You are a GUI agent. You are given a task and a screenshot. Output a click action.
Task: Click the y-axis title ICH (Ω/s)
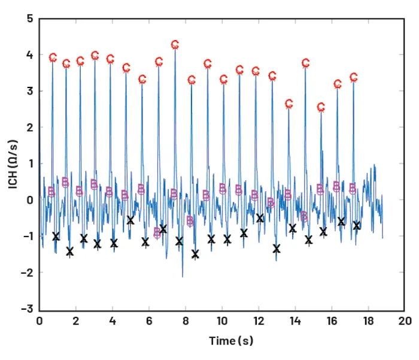13,164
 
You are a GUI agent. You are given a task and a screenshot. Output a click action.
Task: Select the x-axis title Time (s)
231,341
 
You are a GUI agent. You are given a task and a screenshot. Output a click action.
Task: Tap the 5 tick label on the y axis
30,19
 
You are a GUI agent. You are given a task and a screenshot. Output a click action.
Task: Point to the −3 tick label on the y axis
28,308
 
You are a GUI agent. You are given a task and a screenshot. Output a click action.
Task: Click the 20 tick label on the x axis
405,320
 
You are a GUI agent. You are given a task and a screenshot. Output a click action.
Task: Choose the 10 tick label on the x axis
222,320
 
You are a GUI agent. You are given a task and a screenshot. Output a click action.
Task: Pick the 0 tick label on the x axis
40,320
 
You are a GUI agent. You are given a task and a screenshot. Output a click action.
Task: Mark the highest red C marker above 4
175,44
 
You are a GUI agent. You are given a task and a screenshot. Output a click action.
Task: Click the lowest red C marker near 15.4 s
321,107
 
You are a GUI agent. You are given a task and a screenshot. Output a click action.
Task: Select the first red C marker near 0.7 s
53,58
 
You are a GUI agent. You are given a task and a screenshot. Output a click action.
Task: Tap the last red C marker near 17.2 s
354,77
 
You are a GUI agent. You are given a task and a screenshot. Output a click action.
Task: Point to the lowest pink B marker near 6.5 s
157,232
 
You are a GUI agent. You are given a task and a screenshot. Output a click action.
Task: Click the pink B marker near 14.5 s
304,216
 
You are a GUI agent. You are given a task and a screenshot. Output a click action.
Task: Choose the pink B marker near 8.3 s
190,220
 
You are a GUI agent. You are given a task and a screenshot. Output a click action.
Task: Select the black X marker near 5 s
130,220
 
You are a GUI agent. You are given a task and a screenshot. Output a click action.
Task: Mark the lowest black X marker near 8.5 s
195,254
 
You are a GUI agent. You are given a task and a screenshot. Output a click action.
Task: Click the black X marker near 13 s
277,249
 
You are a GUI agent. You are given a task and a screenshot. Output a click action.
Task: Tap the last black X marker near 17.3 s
357,225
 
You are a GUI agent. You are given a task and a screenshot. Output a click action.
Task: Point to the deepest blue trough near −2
183,276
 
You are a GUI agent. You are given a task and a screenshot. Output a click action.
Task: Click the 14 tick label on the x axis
295,320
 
